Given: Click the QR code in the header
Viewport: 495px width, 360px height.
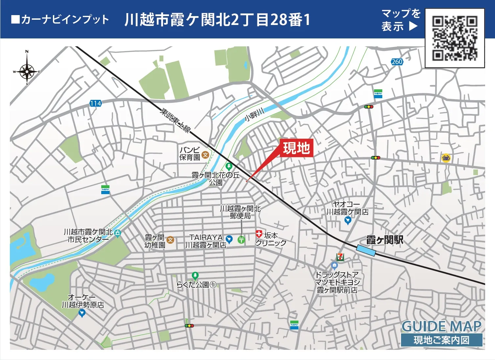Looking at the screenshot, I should (x=455, y=38).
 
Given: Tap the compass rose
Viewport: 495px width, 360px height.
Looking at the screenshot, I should (x=27, y=71).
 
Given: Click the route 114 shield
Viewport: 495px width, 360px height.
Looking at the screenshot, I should (x=96, y=103).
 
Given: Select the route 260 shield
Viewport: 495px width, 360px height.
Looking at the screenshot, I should (x=397, y=61).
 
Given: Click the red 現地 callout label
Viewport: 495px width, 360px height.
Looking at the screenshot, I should (x=296, y=148).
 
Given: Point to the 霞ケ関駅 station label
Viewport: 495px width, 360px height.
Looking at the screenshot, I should (x=385, y=240).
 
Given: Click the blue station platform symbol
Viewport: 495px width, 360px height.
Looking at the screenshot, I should (x=366, y=250).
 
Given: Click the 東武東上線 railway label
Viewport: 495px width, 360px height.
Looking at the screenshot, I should (x=175, y=120).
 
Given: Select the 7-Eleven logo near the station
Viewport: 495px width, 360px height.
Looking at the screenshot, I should (x=340, y=257).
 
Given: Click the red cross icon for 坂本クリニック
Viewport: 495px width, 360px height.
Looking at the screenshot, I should (x=259, y=234).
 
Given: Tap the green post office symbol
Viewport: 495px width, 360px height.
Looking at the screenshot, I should (x=241, y=240).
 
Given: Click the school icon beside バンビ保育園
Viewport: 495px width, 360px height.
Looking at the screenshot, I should (x=205, y=155).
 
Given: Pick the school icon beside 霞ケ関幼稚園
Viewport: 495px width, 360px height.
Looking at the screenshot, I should (x=170, y=240).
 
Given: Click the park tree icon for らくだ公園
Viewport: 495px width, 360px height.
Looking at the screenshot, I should (x=195, y=275).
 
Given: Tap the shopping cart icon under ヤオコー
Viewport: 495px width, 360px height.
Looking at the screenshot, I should (x=348, y=220).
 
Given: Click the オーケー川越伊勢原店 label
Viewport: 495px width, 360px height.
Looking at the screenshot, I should (x=83, y=301).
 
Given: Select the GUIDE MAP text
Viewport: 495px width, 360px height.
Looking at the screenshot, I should (x=441, y=326).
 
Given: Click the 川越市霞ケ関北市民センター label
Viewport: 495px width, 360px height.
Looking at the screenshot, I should (x=88, y=236).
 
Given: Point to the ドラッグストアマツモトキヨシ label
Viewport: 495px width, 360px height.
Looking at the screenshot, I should (x=337, y=282).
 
